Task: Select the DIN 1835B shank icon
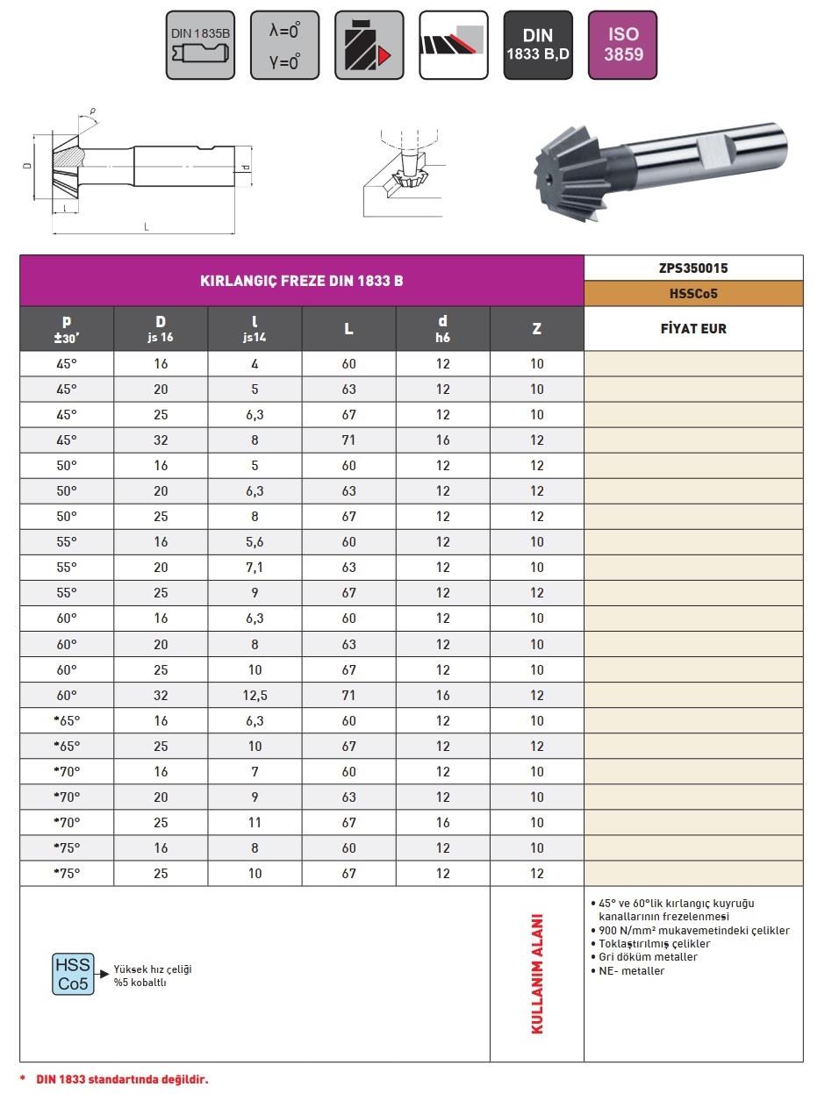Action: tap(200, 46)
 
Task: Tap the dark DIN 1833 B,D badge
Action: tap(537, 46)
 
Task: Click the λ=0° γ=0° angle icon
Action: tap(284, 46)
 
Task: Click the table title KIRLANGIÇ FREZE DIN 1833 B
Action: tap(302, 281)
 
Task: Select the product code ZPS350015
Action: tap(693, 268)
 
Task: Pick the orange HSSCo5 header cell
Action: tap(693, 294)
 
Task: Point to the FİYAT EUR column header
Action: tap(693, 329)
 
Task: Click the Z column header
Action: tap(536, 329)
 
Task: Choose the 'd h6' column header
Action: tap(443, 329)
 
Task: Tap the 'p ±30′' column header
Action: tap(67, 329)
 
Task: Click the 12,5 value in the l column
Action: tap(255, 696)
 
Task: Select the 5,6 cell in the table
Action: tap(255, 542)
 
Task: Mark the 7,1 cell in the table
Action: tap(255, 568)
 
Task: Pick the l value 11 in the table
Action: tap(255, 823)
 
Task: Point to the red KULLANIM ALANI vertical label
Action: tap(537, 975)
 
